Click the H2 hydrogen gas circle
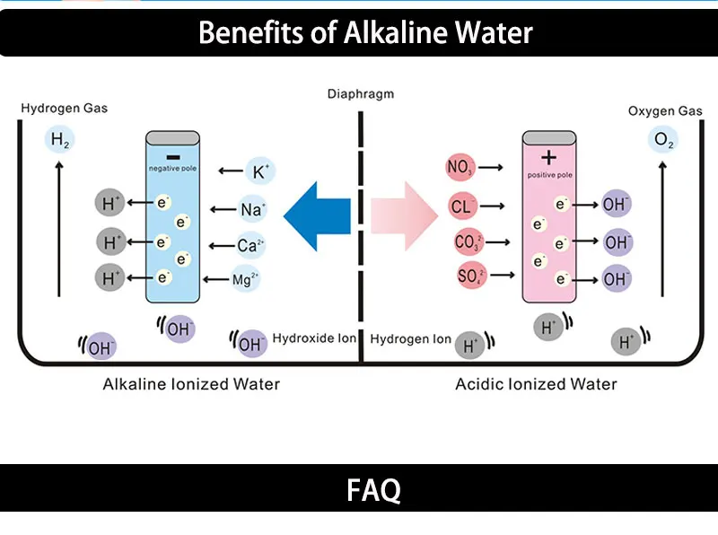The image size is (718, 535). coord(60,140)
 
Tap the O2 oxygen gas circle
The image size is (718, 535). coord(663,141)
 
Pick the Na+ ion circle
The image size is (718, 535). coord(252,209)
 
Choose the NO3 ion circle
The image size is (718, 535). coord(461,167)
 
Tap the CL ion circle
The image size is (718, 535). coord(462,207)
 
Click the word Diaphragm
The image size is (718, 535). coord(360,93)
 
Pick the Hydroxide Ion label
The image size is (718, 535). coord(315,338)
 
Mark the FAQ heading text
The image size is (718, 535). coord(373,491)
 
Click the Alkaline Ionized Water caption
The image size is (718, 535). coord(191,384)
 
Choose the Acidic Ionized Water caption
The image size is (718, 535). coord(536,384)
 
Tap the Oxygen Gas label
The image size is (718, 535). coord(664,110)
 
